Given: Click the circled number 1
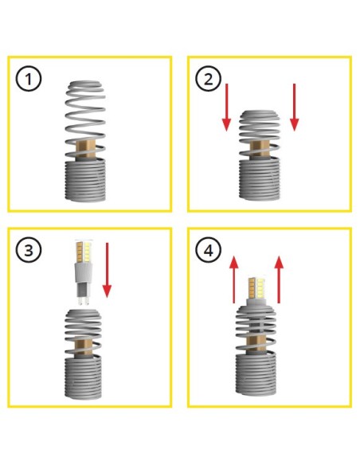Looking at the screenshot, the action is pyautogui.click(x=29, y=79).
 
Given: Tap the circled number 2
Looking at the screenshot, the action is pyautogui.click(x=209, y=79).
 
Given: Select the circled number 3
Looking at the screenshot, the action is pyautogui.click(x=29, y=250).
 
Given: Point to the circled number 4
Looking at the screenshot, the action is pyautogui.click(x=209, y=250).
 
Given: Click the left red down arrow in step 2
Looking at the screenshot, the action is pyautogui.click(x=226, y=107).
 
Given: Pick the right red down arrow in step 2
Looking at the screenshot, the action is pyautogui.click(x=294, y=107).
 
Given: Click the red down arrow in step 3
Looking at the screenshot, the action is pyautogui.click(x=107, y=270).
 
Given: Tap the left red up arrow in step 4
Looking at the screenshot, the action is pyautogui.click(x=234, y=279).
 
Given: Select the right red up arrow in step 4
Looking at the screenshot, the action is pyautogui.click(x=279, y=279).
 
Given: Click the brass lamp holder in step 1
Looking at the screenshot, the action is pyautogui.click(x=85, y=150).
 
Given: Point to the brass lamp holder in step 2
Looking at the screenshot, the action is pyautogui.click(x=260, y=150).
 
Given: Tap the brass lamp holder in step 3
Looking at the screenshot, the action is pyautogui.click(x=83, y=348).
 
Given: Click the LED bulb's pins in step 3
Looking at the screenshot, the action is pyautogui.click(x=83, y=300).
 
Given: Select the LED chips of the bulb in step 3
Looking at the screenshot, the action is pyautogui.click(x=84, y=252).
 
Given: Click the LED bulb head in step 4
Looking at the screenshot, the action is pyautogui.click(x=256, y=287).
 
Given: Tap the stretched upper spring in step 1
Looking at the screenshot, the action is pyautogui.click(x=85, y=119).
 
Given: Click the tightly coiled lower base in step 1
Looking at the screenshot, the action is pyautogui.click(x=85, y=180).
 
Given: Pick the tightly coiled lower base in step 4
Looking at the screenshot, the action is pyautogui.click(x=256, y=374).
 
